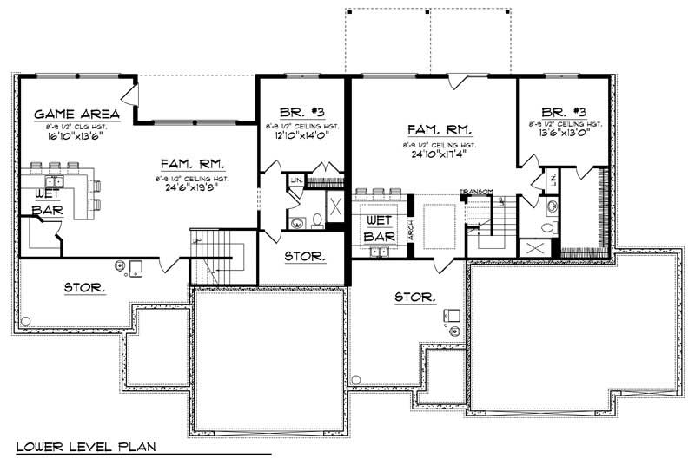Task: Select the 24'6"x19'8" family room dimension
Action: coord(193,184)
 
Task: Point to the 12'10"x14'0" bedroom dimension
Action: coord(302,137)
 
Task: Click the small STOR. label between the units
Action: coord(304,257)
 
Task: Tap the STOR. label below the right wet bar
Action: coord(414,297)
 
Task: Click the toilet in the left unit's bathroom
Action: coord(317,222)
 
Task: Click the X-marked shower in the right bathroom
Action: coord(532,248)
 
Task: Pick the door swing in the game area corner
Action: coord(130,93)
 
